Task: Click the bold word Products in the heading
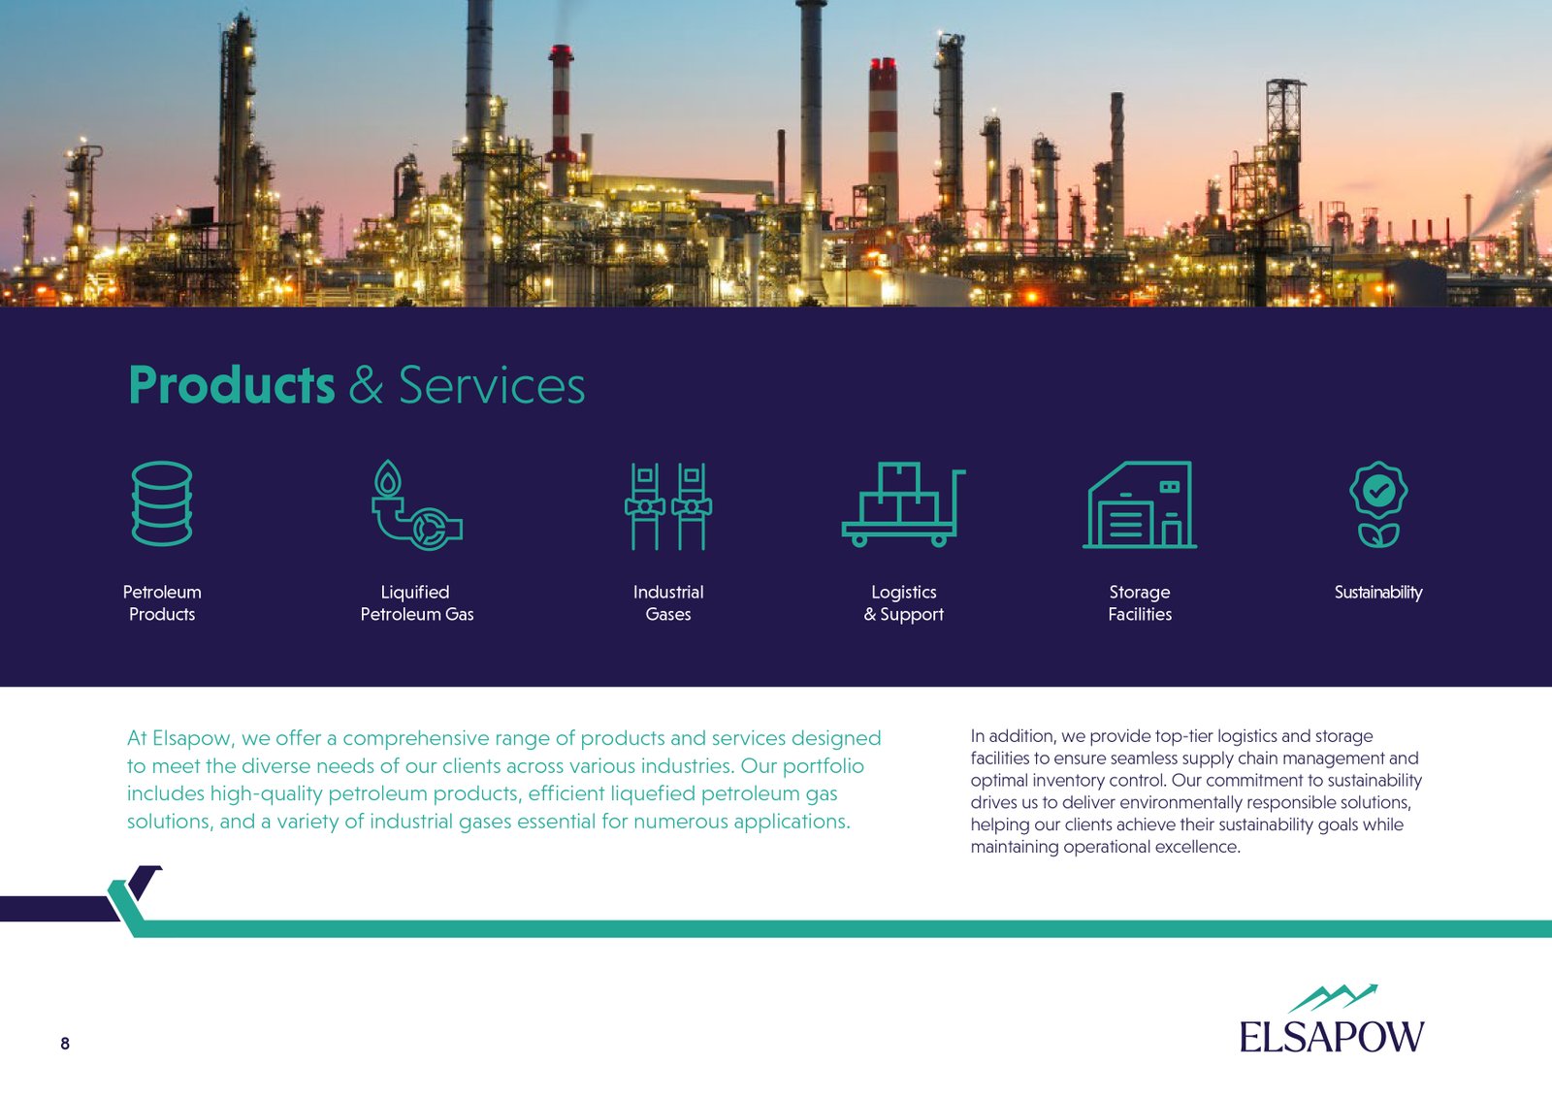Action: [x=232, y=385]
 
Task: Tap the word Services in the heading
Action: [x=492, y=385]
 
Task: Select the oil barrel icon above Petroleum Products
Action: [x=161, y=503]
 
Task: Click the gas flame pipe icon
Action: [x=416, y=505]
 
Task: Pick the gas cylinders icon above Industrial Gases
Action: [x=668, y=506]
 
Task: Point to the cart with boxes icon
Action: [x=903, y=504]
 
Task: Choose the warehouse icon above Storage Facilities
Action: [x=1140, y=505]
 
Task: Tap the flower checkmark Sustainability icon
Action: [x=1378, y=504]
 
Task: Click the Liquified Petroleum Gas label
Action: [x=416, y=602]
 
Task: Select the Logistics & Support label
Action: [x=903, y=602]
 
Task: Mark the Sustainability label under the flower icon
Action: [x=1378, y=593]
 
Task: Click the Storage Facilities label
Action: [x=1140, y=602]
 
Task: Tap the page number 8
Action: [x=65, y=1044]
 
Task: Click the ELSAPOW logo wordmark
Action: [x=1332, y=1036]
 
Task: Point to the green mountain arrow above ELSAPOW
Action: [x=1333, y=997]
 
